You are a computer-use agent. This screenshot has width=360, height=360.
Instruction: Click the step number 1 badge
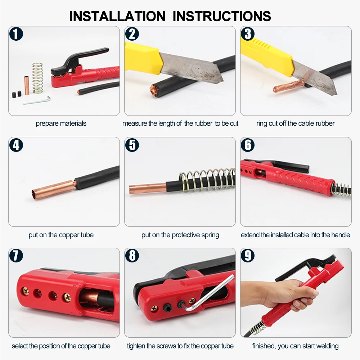[x=16, y=35]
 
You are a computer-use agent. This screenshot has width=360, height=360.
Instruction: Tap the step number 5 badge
[x=132, y=145]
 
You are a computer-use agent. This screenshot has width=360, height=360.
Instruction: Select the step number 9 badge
[x=248, y=256]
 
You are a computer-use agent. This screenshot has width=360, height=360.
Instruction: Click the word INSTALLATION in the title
[x=117, y=16]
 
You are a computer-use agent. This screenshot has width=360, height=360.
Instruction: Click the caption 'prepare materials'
[x=61, y=123]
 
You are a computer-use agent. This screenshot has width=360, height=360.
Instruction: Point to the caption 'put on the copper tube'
[x=61, y=235]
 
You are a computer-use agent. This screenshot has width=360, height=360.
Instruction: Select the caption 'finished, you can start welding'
[x=295, y=346]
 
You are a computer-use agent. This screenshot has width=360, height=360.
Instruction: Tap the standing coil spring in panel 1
[x=37, y=77]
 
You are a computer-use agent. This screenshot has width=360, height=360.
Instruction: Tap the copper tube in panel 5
[x=148, y=188]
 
